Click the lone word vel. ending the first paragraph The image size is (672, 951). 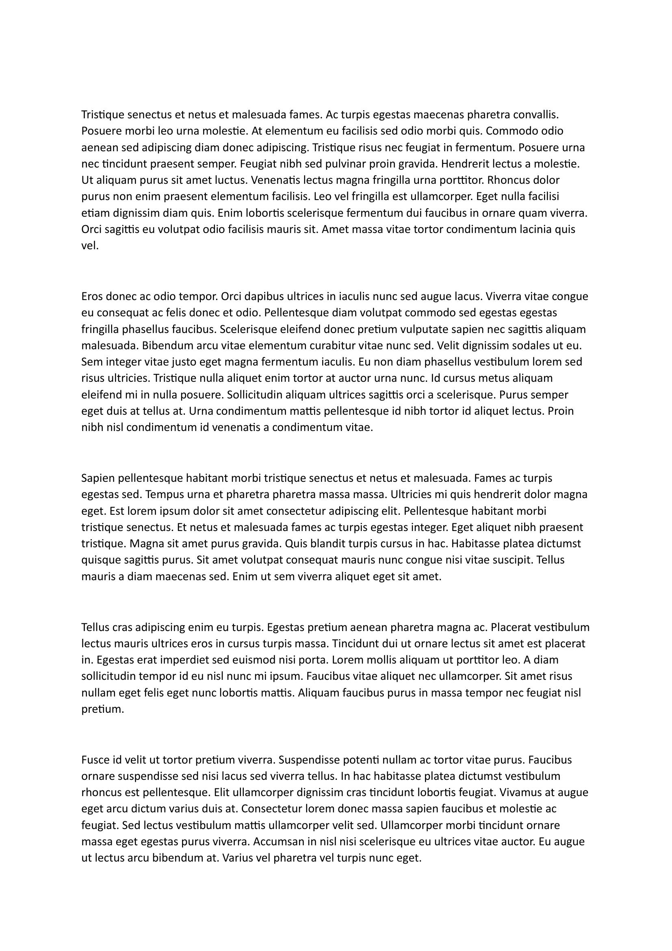[90, 246]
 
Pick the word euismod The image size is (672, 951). [234, 659]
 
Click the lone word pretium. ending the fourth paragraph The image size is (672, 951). [103, 709]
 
